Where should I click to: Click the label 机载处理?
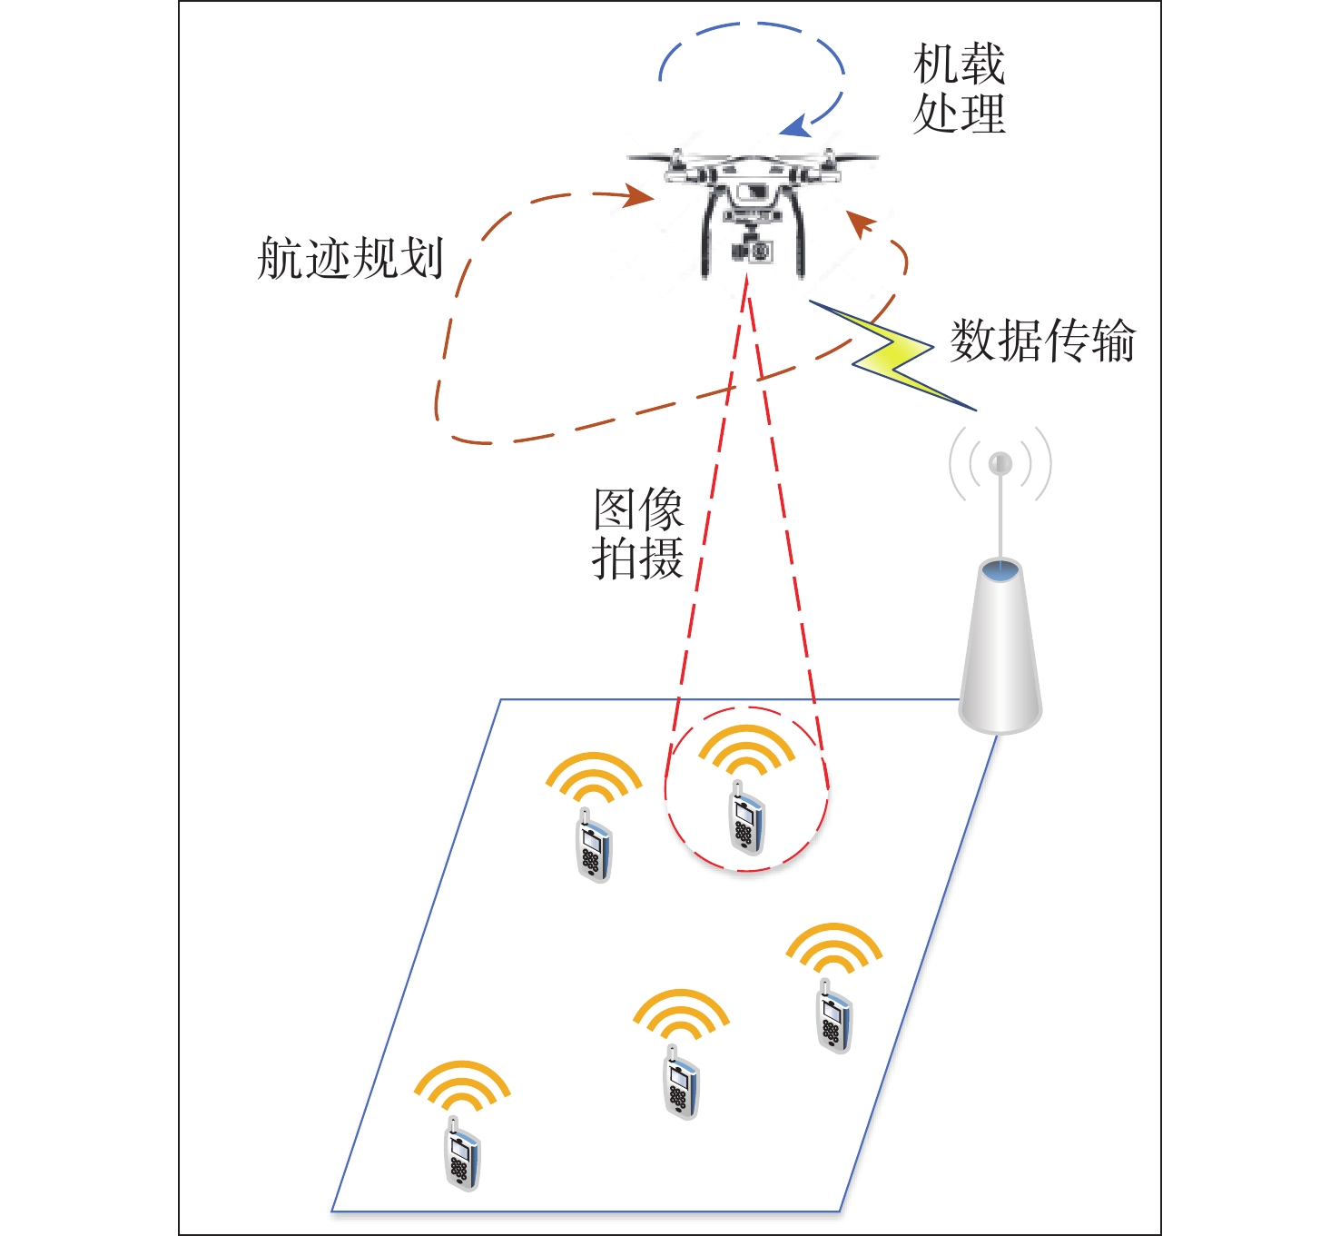959,89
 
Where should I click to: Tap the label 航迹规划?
350,259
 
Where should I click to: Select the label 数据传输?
1042,341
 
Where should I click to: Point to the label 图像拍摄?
637,534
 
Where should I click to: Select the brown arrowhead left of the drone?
639,195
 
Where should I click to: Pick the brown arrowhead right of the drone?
861,222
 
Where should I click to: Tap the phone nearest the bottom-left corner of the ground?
462,1159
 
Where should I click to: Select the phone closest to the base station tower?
833,1019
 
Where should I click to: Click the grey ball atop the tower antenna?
1000,463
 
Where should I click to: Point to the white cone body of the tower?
1000,654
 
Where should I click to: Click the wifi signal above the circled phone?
746,750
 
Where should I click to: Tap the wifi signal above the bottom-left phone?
462,1085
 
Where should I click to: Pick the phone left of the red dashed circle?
594,848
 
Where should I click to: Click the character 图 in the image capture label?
614,509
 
